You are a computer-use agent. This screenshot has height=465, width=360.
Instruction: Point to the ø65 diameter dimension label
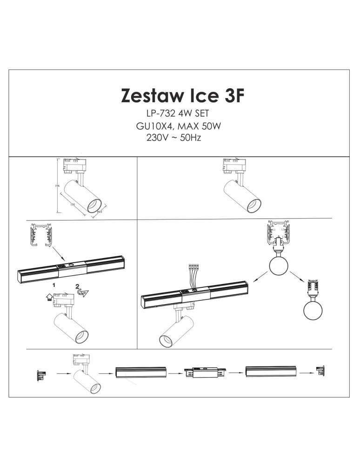[100, 212]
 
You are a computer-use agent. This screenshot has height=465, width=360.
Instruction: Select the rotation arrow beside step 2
[82, 292]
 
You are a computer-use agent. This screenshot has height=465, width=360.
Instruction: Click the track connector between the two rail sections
[205, 372]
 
